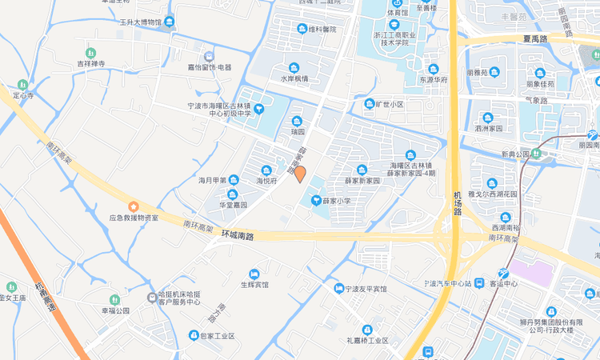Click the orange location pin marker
pos(300,174)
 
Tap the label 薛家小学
pos(336,200)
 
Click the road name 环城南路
pos(236,236)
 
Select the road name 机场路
pos(458,205)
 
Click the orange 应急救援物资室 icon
pos(134,207)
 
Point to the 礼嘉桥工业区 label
pos(367,340)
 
